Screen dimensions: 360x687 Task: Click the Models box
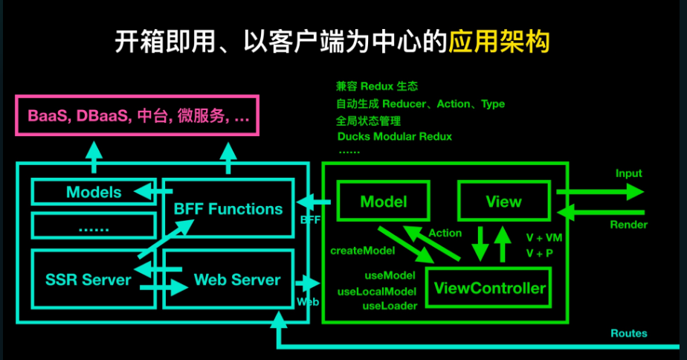(x=94, y=193)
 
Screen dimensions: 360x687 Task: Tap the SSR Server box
(x=87, y=280)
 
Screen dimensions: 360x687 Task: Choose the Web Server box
(x=236, y=280)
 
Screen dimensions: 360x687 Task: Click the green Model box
(x=383, y=202)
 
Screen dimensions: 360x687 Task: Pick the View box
(x=503, y=202)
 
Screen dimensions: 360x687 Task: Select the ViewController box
(x=489, y=288)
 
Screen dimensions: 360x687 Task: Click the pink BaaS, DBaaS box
(x=138, y=116)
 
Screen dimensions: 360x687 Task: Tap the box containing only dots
(x=94, y=227)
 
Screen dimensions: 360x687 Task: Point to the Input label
(x=628, y=173)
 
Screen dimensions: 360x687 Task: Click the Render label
(x=628, y=225)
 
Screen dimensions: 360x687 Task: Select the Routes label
(x=628, y=333)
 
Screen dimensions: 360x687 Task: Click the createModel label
(x=362, y=251)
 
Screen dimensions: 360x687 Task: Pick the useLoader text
(x=390, y=305)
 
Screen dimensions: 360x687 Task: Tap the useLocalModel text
(x=376, y=291)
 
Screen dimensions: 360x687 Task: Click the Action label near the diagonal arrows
(x=445, y=233)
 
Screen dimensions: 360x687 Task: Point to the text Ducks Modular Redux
(x=394, y=137)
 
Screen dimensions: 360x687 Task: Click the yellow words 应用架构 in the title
(x=499, y=42)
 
